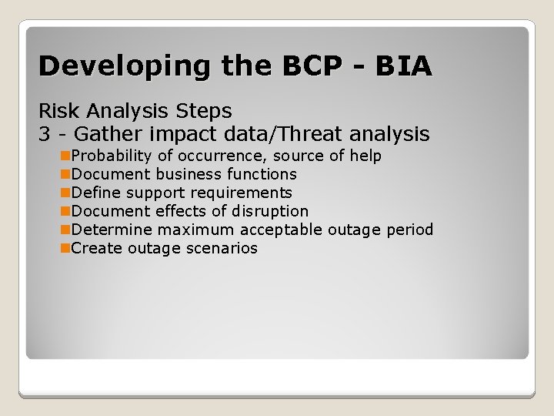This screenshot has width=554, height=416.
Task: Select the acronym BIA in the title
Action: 403,66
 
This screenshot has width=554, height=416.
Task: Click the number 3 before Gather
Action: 45,134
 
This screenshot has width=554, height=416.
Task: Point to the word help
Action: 365,156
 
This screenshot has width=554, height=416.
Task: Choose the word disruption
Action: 270,211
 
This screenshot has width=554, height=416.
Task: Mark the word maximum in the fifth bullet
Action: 198,230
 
